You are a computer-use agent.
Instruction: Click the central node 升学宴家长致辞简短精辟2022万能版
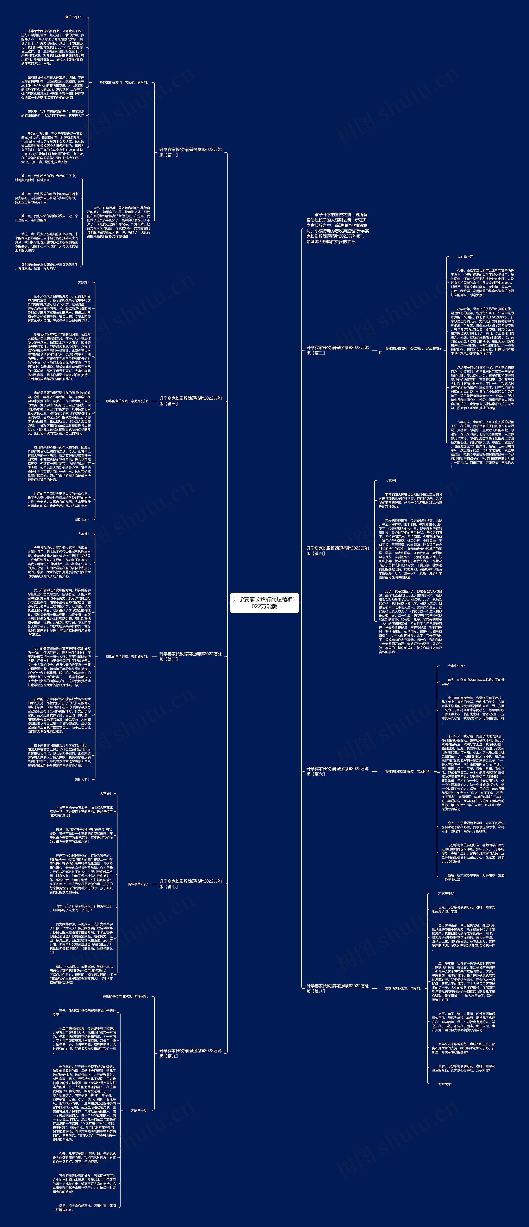[x=264, y=603]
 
